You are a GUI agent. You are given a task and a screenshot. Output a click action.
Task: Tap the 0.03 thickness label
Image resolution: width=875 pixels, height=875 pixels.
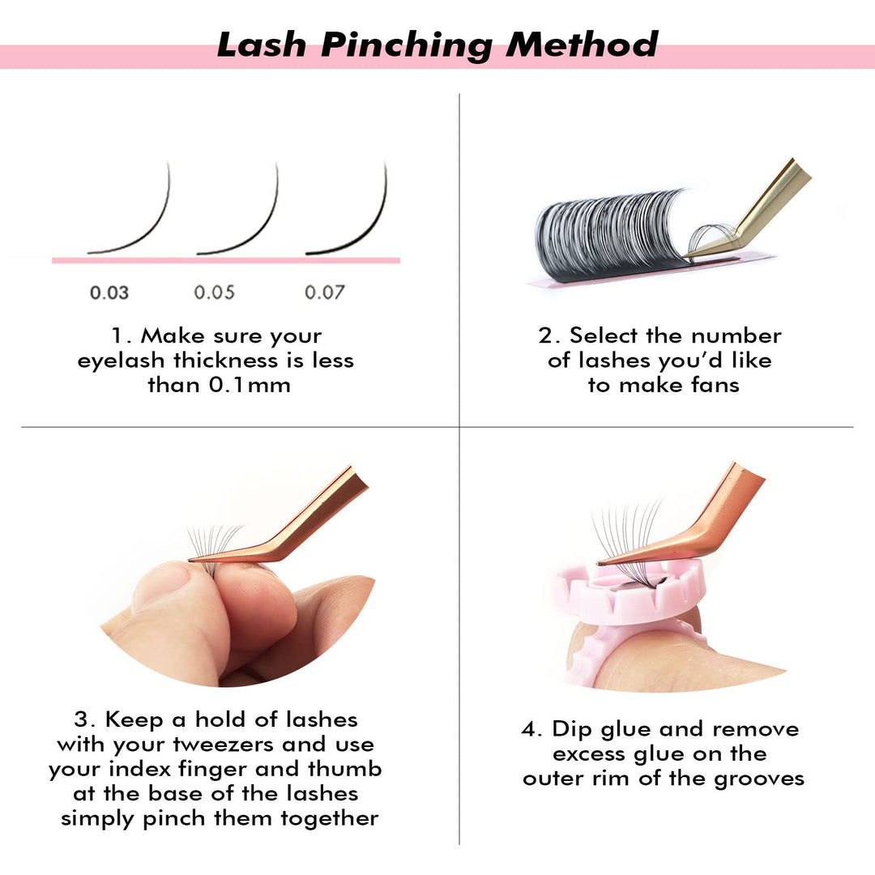(x=109, y=292)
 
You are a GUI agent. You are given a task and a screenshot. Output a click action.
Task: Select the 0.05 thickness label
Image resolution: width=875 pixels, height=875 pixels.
(x=215, y=292)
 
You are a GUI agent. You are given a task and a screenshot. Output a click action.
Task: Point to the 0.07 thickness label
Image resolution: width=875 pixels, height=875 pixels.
(x=324, y=292)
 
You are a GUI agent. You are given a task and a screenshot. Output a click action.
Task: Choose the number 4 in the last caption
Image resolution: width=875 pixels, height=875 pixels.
(x=530, y=729)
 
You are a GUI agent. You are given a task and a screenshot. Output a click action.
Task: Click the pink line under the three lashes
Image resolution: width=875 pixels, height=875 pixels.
(x=227, y=261)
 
